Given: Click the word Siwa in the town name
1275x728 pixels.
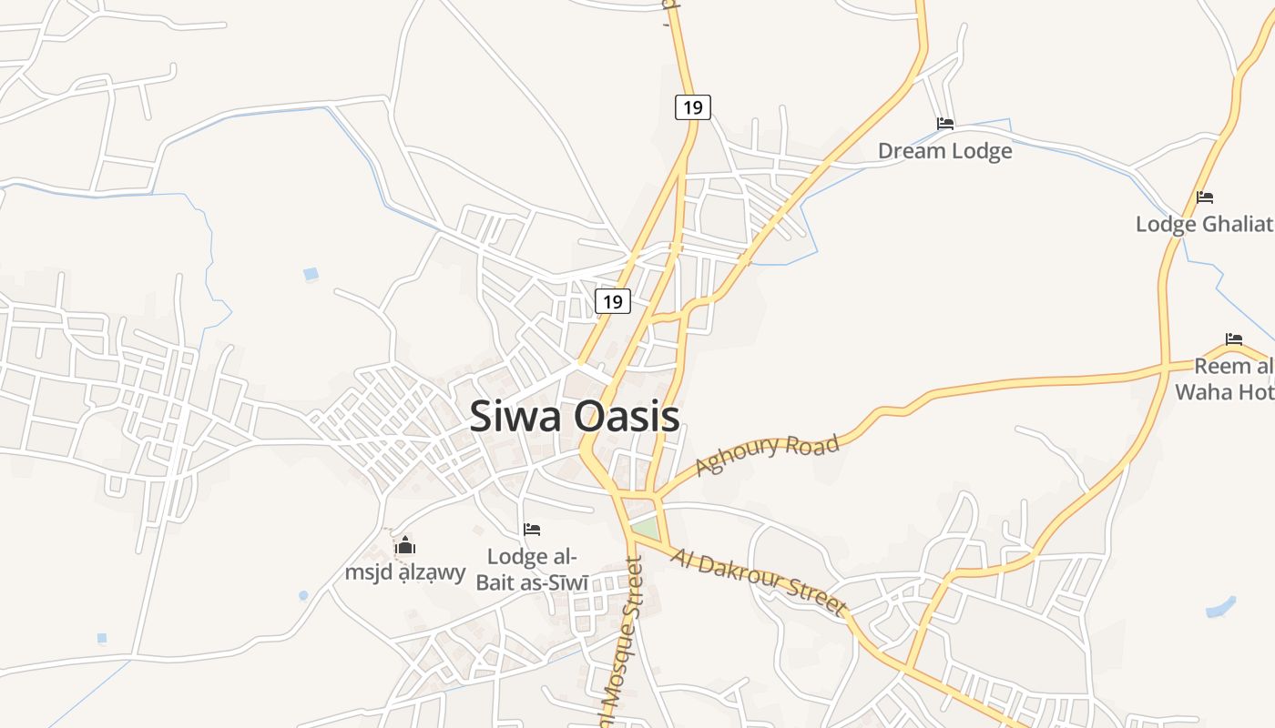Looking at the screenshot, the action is coord(513,417).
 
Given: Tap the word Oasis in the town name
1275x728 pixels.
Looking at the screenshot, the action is coord(622,417).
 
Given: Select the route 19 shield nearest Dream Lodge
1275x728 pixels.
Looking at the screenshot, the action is coord(692,107).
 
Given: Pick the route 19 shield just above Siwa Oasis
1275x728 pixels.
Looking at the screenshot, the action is coord(613,301).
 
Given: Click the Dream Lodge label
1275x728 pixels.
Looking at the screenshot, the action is coord(944,151).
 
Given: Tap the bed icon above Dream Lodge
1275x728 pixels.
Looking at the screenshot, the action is coord(944,124).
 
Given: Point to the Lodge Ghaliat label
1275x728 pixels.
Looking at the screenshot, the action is coord(1203,224).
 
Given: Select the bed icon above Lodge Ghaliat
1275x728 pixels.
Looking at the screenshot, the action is coord(1205,197).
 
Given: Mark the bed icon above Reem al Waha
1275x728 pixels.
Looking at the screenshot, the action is coord(1234,339).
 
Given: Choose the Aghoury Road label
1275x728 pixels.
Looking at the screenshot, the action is coord(766,455).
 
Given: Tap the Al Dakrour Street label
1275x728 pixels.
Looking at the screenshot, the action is coord(759,581).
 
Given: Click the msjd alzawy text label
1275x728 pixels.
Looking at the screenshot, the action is coord(405,573).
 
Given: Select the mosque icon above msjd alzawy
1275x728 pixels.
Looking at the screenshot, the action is coord(405,546).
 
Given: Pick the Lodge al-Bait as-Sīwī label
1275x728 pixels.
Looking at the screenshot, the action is coord(532,569).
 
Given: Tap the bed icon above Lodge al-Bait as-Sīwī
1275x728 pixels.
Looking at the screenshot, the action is coord(532,530).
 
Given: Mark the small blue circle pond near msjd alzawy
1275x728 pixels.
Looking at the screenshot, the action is coord(303,595).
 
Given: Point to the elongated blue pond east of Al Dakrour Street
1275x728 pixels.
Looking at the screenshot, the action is coord(1220,606).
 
